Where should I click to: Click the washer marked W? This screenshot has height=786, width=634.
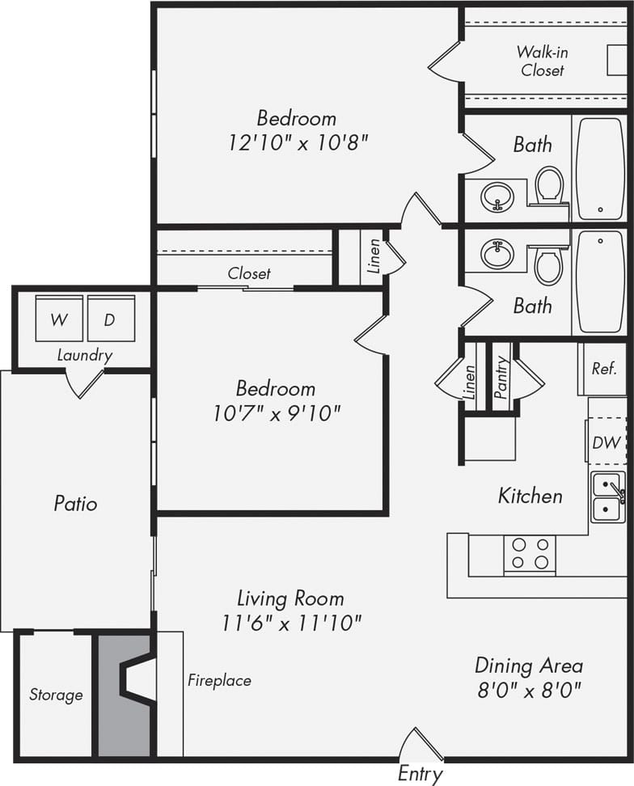58,319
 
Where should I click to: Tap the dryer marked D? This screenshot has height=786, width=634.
110,319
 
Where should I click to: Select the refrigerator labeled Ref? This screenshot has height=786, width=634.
603,369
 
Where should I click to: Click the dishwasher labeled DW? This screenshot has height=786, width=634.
606,442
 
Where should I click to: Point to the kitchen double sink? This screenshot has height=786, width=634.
607,497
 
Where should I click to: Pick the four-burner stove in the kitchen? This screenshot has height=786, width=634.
530,555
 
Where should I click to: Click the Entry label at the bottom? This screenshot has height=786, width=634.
420,774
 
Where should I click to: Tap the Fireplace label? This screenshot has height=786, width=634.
219,680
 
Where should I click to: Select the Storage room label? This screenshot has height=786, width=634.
56,695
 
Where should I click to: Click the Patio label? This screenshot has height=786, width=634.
75,504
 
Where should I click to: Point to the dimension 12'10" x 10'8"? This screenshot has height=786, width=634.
298,144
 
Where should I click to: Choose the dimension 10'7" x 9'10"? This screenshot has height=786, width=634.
277,413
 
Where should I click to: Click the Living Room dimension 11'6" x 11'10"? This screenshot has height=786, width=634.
290,623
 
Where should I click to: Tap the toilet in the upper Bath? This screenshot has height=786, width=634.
550,184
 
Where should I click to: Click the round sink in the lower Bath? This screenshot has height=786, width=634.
497,254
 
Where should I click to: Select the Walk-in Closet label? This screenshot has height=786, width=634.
542,61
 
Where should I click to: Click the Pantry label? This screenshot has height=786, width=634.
501,377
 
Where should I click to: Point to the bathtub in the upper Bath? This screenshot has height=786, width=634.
599,168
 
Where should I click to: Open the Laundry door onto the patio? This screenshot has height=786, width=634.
85,382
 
